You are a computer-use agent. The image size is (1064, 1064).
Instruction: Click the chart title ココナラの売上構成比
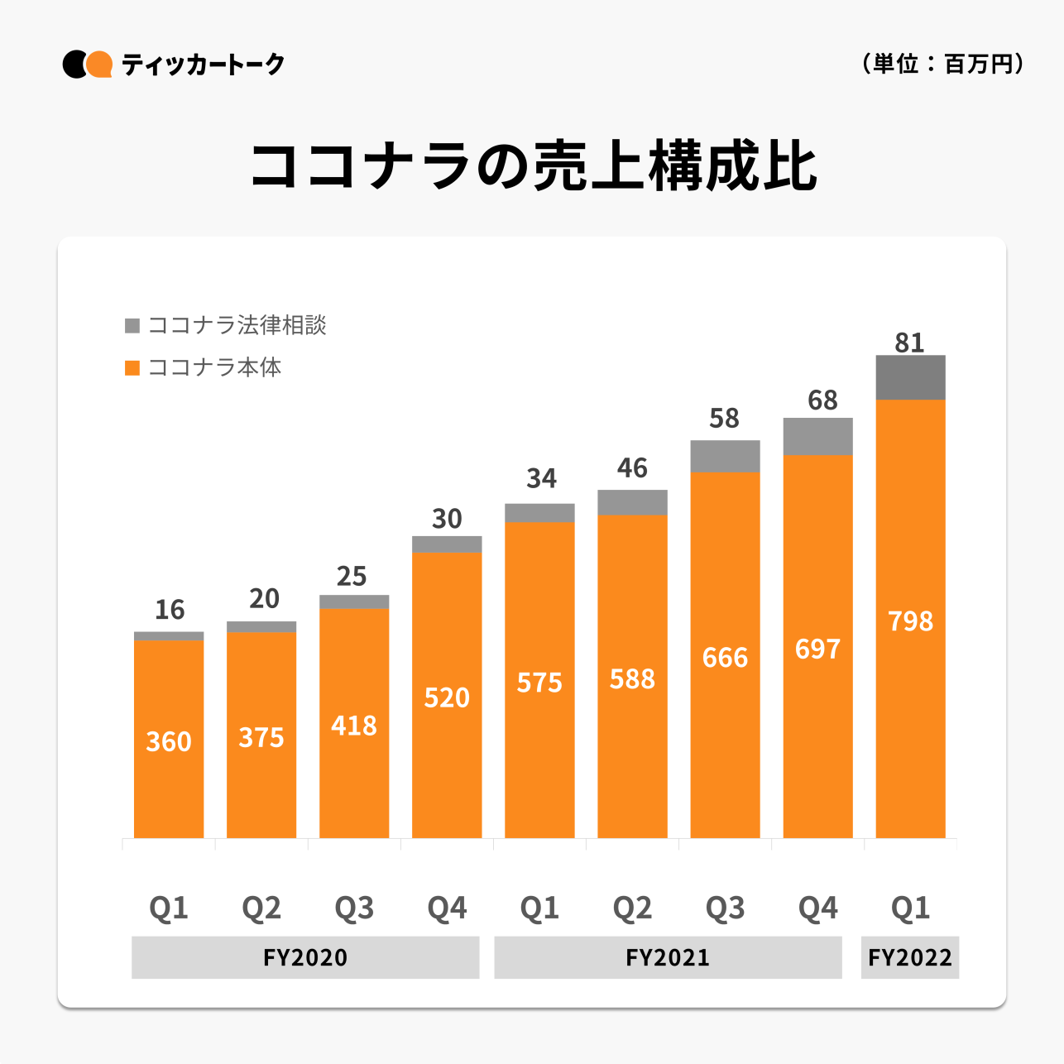tap(534, 166)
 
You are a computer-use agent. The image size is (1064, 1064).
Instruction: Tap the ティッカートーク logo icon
tap(88, 65)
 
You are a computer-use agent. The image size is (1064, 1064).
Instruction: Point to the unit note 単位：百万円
tap(942, 64)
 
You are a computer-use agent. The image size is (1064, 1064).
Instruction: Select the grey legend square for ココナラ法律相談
tap(132, 325)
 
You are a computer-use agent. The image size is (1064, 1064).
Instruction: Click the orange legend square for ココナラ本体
tap(132, 367)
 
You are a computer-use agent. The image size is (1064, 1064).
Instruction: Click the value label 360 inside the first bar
tap(169, 741)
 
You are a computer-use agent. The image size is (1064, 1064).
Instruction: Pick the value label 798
tap(910, 621)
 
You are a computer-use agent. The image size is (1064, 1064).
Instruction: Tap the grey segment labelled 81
tap(910, 377)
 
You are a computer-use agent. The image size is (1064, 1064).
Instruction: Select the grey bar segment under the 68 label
tap(817, 436)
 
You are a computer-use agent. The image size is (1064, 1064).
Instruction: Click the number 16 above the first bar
tap(170, 610)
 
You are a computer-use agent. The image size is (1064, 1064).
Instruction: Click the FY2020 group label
tap(305, 957)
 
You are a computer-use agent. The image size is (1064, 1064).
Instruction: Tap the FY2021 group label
tap(668, 957)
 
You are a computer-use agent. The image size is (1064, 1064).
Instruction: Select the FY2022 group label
tap(910, 957)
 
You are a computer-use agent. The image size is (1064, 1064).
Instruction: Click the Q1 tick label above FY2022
tap(910, 908)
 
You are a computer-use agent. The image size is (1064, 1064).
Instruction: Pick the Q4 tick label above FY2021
tap(817, 908)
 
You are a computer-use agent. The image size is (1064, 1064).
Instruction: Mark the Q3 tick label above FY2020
tap(354, 908)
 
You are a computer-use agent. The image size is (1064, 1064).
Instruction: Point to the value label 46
tap(632, 468)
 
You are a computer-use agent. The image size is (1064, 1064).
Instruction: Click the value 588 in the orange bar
tap(632, 679)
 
